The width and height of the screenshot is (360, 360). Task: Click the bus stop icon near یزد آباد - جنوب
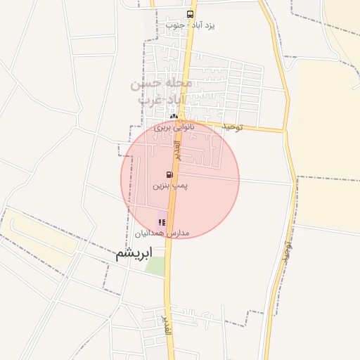click(x=191, y=14)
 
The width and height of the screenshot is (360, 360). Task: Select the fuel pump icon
click(x=169, y=174)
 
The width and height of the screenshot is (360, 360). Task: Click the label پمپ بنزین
click(x=170, y=186)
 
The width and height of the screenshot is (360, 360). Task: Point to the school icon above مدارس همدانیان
click(x=162, y=222)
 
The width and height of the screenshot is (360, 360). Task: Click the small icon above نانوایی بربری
click(x=174, y=117)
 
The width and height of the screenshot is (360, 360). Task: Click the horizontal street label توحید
click(x=232, y=127)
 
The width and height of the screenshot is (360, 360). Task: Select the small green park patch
click(x=155, y=266)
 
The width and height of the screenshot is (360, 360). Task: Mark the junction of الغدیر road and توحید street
click(x=181, y=120)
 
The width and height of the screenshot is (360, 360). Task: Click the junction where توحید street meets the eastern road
click(x=285, y=130)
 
